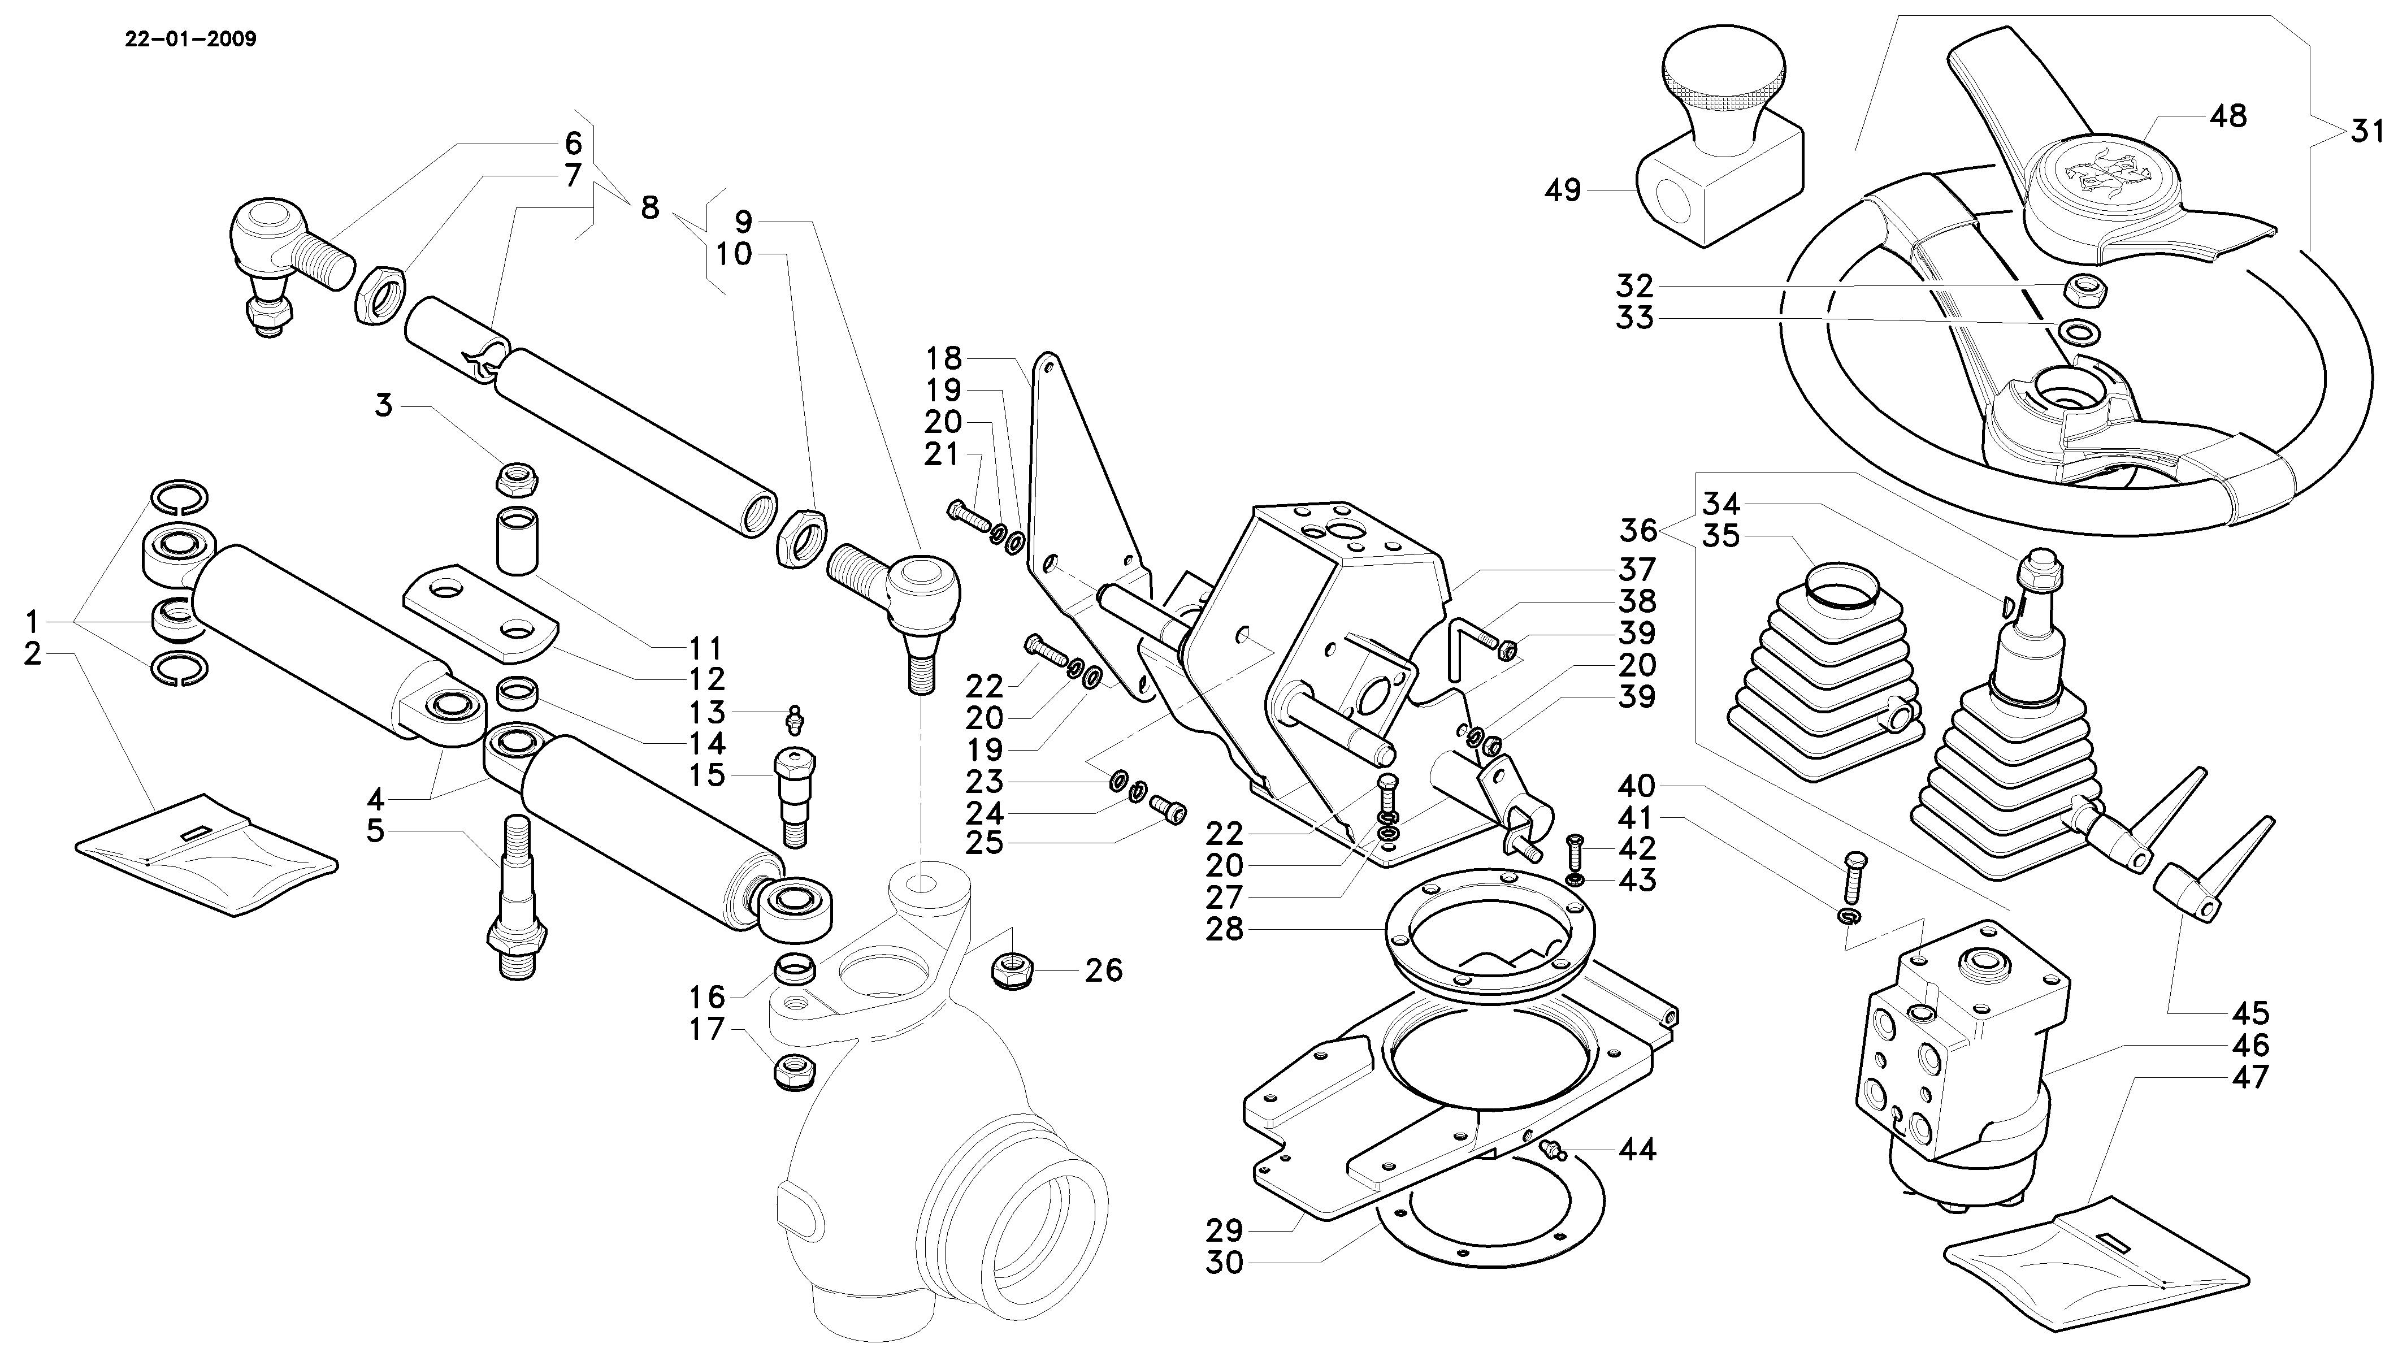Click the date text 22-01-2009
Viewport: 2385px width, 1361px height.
click(x=190, y=40)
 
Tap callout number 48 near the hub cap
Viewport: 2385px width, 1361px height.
click(x=2227, y=117)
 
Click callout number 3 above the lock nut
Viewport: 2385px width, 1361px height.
click(x=383, y=406)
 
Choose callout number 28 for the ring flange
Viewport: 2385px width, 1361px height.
click(x=1224, y=930)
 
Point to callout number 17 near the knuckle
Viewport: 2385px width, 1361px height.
click(x=708, y=1029)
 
